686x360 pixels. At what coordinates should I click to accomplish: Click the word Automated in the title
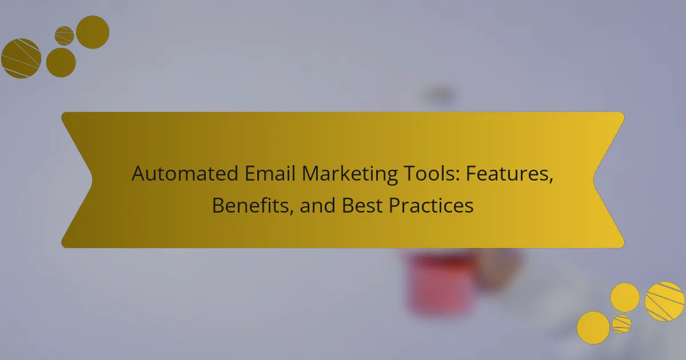(185, 173)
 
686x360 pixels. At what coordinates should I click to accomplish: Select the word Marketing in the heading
(349, 175)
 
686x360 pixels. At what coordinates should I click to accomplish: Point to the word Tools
(431, 173)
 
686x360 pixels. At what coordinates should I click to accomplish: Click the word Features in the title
(509, 174)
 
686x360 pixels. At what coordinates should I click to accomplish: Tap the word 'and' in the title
(318, 205)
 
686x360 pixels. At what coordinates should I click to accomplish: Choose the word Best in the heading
(362, 205)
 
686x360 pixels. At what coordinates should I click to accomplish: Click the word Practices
(431, 205)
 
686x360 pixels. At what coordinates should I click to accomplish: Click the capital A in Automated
(139, 174)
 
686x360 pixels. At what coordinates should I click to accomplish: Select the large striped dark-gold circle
(21, 58)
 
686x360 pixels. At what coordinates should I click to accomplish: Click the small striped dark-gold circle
(64, 36)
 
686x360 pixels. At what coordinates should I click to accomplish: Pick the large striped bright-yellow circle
(664, 301)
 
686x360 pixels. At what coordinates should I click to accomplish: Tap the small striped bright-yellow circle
(622, 324)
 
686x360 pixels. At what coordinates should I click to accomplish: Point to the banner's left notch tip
(92, 180)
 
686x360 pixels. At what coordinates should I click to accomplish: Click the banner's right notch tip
(593, 180)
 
